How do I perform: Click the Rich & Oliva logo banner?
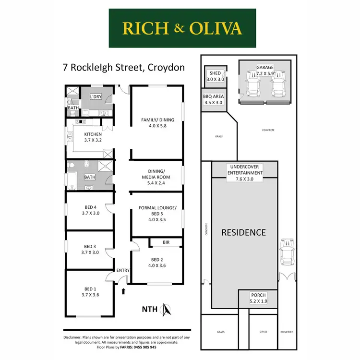[x=182, y=28]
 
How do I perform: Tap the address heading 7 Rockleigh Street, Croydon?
[x=124, y=67]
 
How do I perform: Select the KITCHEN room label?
[x=93, y=134]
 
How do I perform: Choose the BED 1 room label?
[x=90, y=289]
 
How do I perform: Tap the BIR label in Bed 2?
[x=166, y=242]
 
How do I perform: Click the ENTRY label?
[x=123, y=270]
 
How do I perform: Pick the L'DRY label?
[x=96, y=96]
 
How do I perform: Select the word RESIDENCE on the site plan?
[x=243, y=232]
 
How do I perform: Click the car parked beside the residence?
[x=287, y=252]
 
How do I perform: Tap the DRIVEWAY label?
[x=287, y=332]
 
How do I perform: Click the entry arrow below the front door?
[x=124, y=290]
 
